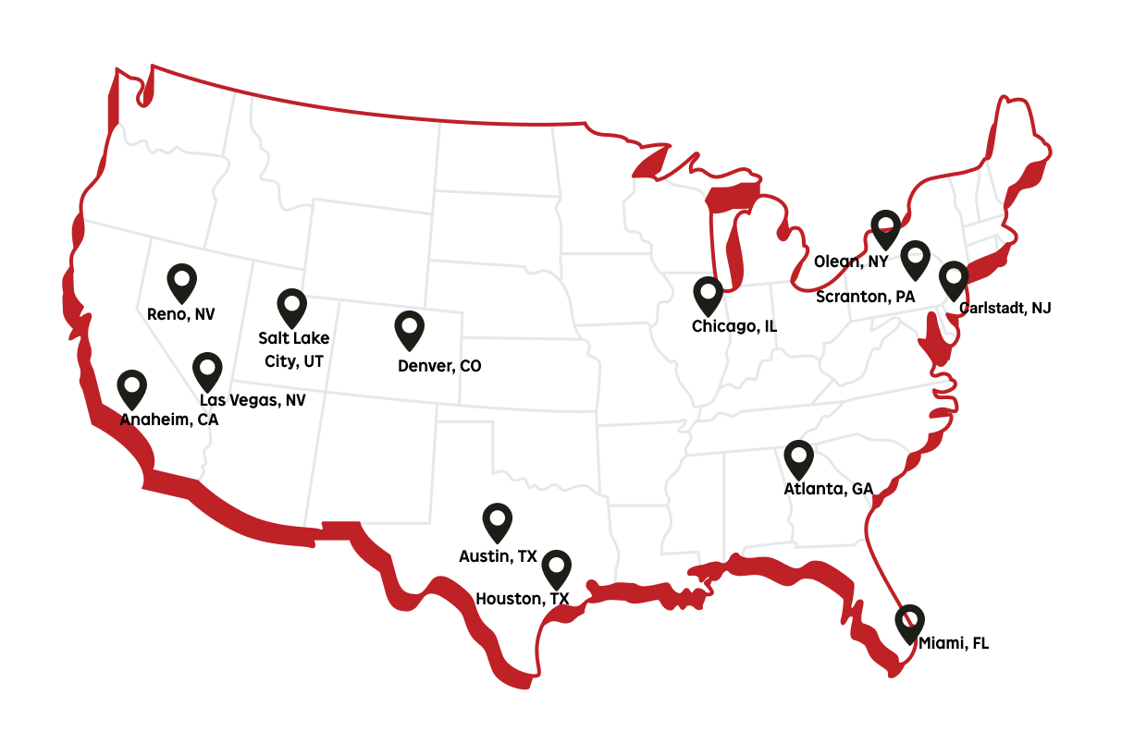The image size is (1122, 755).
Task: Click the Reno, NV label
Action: pos(180,314)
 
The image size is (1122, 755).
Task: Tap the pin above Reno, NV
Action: pos(182,281)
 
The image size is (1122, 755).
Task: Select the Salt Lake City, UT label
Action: pos(294,349)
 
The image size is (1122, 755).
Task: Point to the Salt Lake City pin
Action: pos(292,306)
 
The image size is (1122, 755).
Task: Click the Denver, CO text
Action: pos(439,366)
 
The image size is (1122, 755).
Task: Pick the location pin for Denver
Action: pos(409,329)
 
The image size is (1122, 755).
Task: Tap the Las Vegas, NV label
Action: pos(253,400)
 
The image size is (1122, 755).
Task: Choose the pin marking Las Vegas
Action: pos(207,370)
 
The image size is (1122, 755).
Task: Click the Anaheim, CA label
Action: pos(169,420)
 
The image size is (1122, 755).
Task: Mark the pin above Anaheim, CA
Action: pos(132,388)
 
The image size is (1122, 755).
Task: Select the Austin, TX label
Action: pos(498,556)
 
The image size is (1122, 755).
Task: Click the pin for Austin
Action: pos(498,521)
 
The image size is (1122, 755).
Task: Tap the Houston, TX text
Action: pos(522,599)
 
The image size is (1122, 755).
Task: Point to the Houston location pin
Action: pos(556,568)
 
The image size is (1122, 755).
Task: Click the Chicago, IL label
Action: pos(734,326)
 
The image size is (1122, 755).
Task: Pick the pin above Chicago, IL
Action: pos(709,295)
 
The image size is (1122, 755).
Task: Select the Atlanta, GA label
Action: pos(828,489)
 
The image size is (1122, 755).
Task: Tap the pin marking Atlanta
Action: pos(798,458)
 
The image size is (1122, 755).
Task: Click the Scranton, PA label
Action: pos(865,297)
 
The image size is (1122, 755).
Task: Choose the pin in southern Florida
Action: pos(909,623)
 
